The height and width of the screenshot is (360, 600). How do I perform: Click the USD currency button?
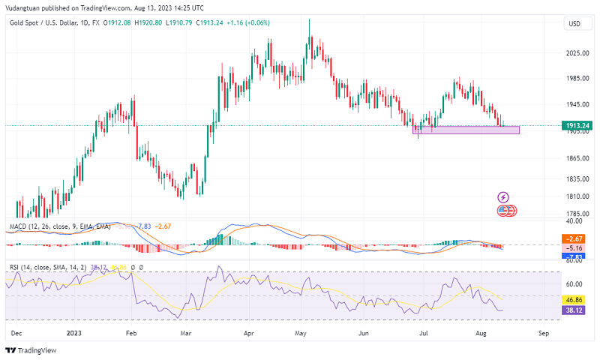point(574,24)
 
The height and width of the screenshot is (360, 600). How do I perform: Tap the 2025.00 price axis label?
point(575,53)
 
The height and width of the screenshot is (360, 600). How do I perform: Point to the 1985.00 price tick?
point(575,79)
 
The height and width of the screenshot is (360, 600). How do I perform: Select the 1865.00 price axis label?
point(575,159)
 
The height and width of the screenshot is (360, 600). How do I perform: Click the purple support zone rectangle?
point(469,130)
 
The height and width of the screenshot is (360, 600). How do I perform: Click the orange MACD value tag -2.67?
point(577,239)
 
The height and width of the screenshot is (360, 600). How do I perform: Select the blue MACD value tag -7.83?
point(577,256)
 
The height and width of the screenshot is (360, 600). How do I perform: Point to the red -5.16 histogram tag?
point(577,247)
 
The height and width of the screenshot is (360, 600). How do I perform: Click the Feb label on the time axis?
point(132,331)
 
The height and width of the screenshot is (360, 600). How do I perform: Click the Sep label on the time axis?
point(544,331)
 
